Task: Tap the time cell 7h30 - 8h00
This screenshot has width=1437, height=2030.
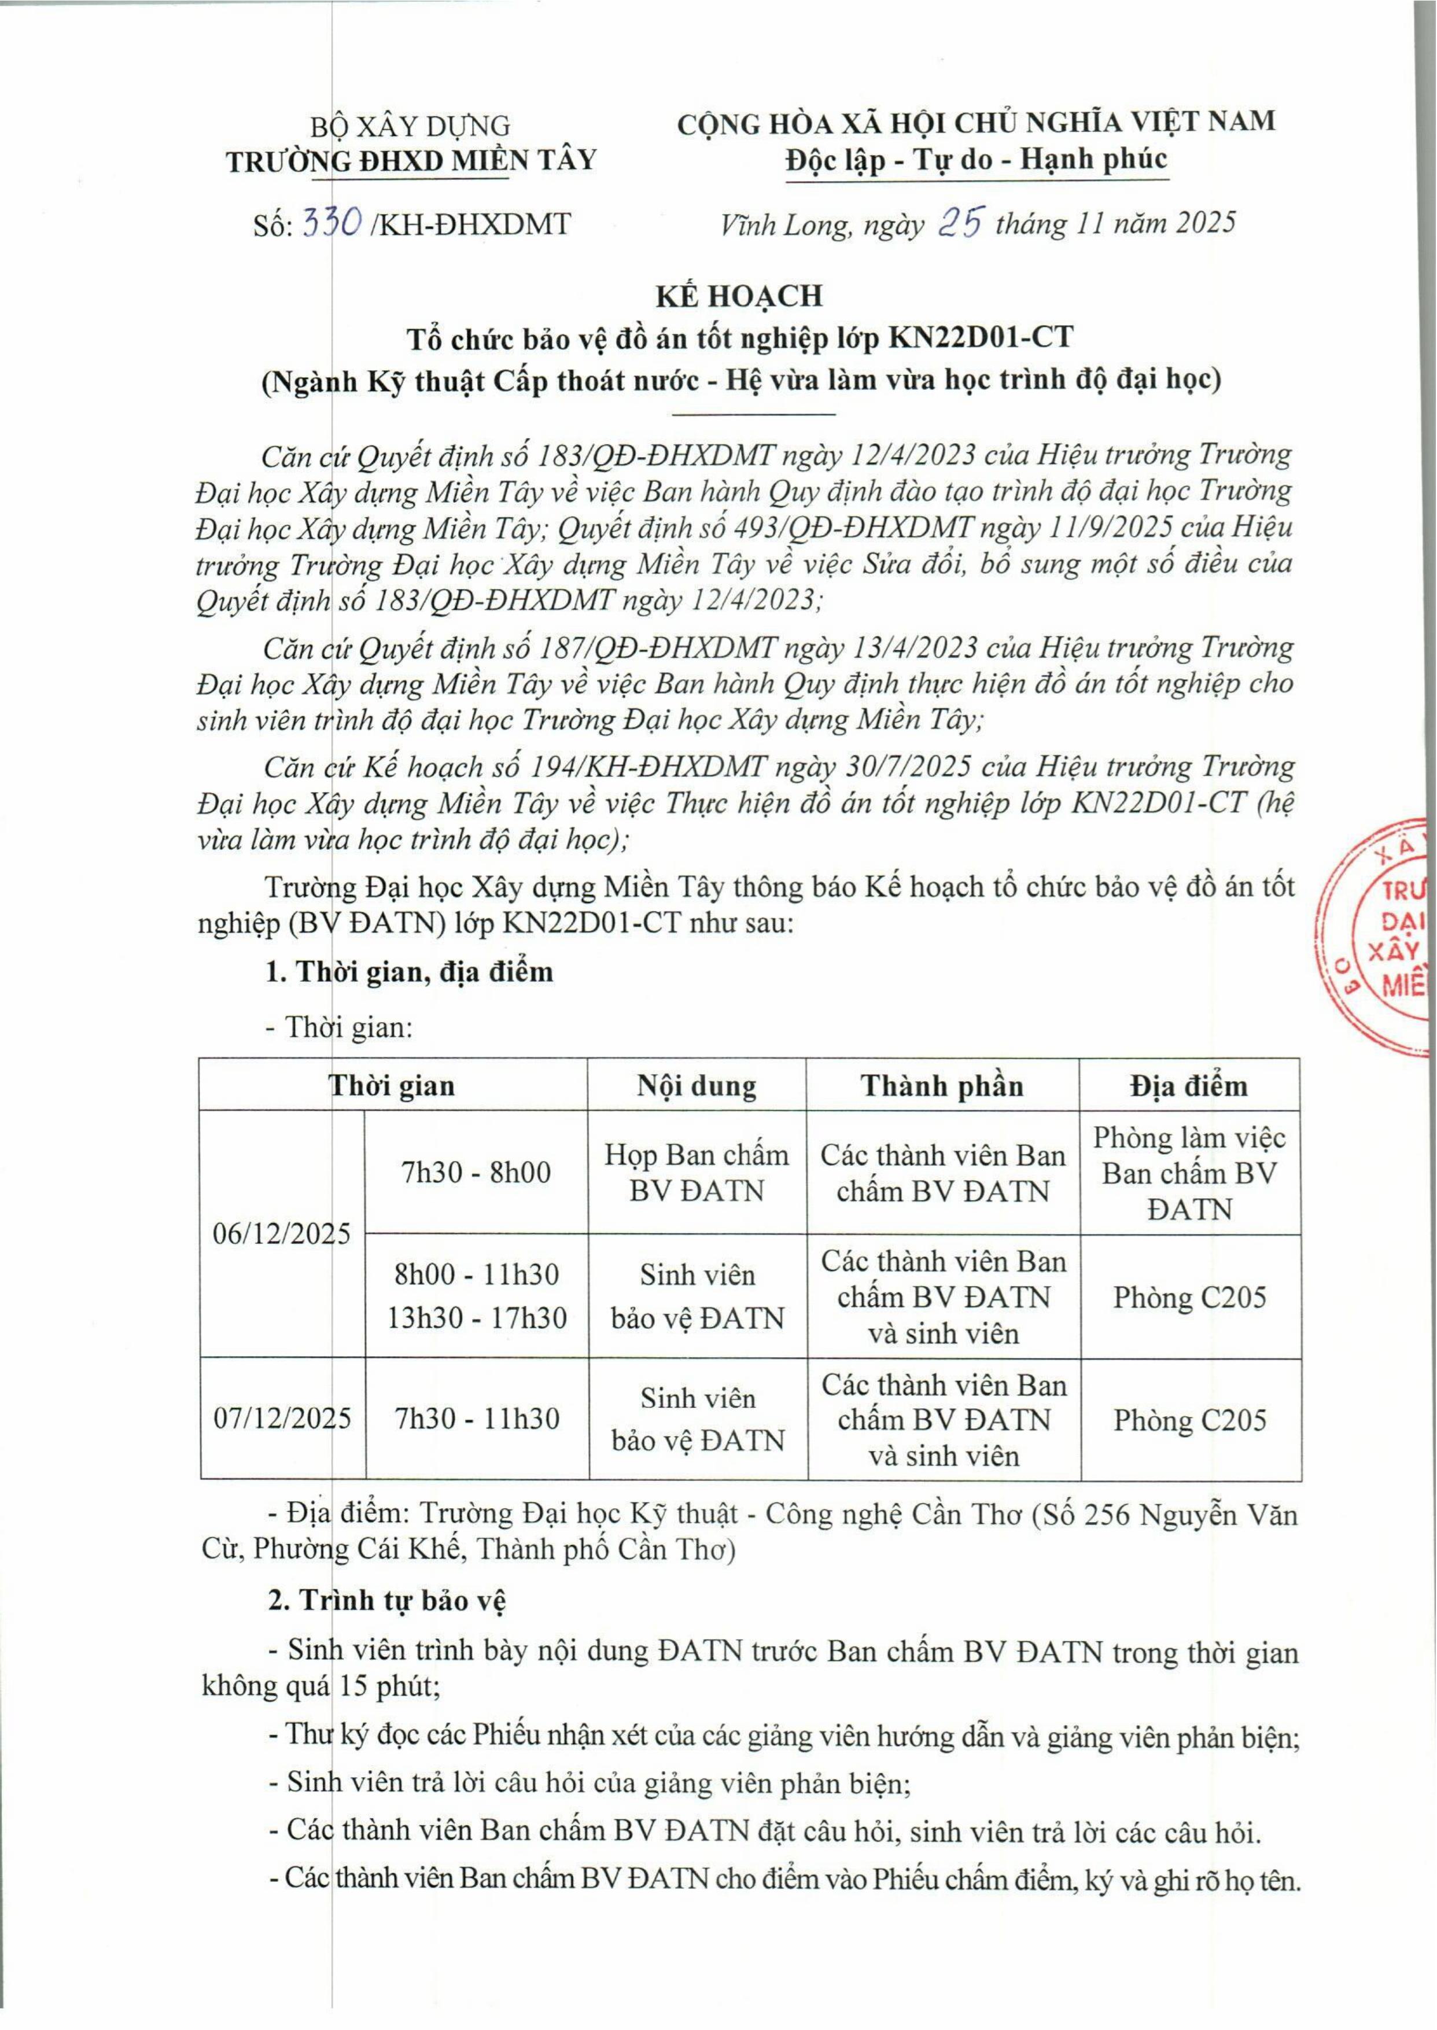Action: pos(476,1173)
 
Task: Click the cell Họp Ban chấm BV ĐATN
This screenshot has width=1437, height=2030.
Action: pos(697,1173)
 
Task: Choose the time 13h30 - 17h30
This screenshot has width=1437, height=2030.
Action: pos(477,1318)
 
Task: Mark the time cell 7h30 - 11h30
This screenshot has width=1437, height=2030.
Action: pos(477,1419)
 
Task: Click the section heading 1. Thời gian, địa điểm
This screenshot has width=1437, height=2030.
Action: pos(409,972)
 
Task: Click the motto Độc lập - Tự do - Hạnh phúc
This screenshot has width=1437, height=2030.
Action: pos(976,159)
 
